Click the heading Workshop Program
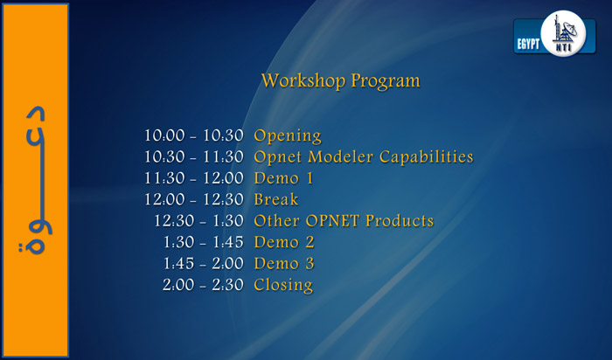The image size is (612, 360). (x=340, y=80)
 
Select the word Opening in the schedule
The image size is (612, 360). (x=288, y=135)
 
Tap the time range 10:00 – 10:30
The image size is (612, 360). (x=194, y=135)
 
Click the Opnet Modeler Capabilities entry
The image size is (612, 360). (x=364, y=156)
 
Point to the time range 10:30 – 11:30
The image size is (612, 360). (x=194, y=156)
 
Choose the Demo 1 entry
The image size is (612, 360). (x=284, y=178)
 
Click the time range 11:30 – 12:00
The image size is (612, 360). (x=194, y=178)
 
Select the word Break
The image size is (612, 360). (x=276, y=199)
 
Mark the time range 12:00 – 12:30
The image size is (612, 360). (x=194, y=199)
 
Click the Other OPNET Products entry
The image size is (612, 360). (x=344, y=221)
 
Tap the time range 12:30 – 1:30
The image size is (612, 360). (x=198, y=221)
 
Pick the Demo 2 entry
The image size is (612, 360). (x=284, y=242)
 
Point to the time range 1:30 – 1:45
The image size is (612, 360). (x=204, y=242)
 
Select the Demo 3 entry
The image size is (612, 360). (x=284, y=263)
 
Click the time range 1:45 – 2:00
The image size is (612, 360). (x=204, y=263)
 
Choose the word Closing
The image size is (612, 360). (x=283, y=285)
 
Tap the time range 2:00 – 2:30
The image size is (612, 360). (x=204, y=285)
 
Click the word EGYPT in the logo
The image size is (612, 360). (x=528, y=44)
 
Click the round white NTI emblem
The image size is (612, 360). (x=563, y=33)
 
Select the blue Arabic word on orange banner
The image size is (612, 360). (x=35, y=181)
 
